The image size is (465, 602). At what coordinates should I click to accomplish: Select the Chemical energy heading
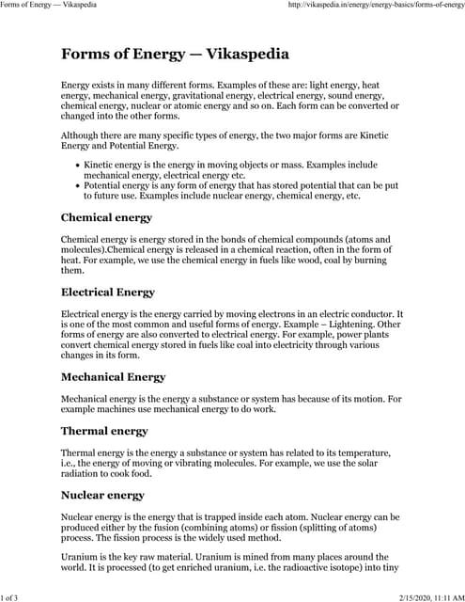106,218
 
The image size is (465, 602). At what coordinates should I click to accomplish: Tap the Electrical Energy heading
108,292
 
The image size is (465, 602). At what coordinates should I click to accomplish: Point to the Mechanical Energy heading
113,377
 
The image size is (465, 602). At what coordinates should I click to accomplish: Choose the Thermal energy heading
104,431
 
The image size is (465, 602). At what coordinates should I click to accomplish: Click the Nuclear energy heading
102,495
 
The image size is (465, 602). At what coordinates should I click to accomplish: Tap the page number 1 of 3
16,596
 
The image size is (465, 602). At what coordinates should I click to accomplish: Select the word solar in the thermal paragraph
376,464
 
